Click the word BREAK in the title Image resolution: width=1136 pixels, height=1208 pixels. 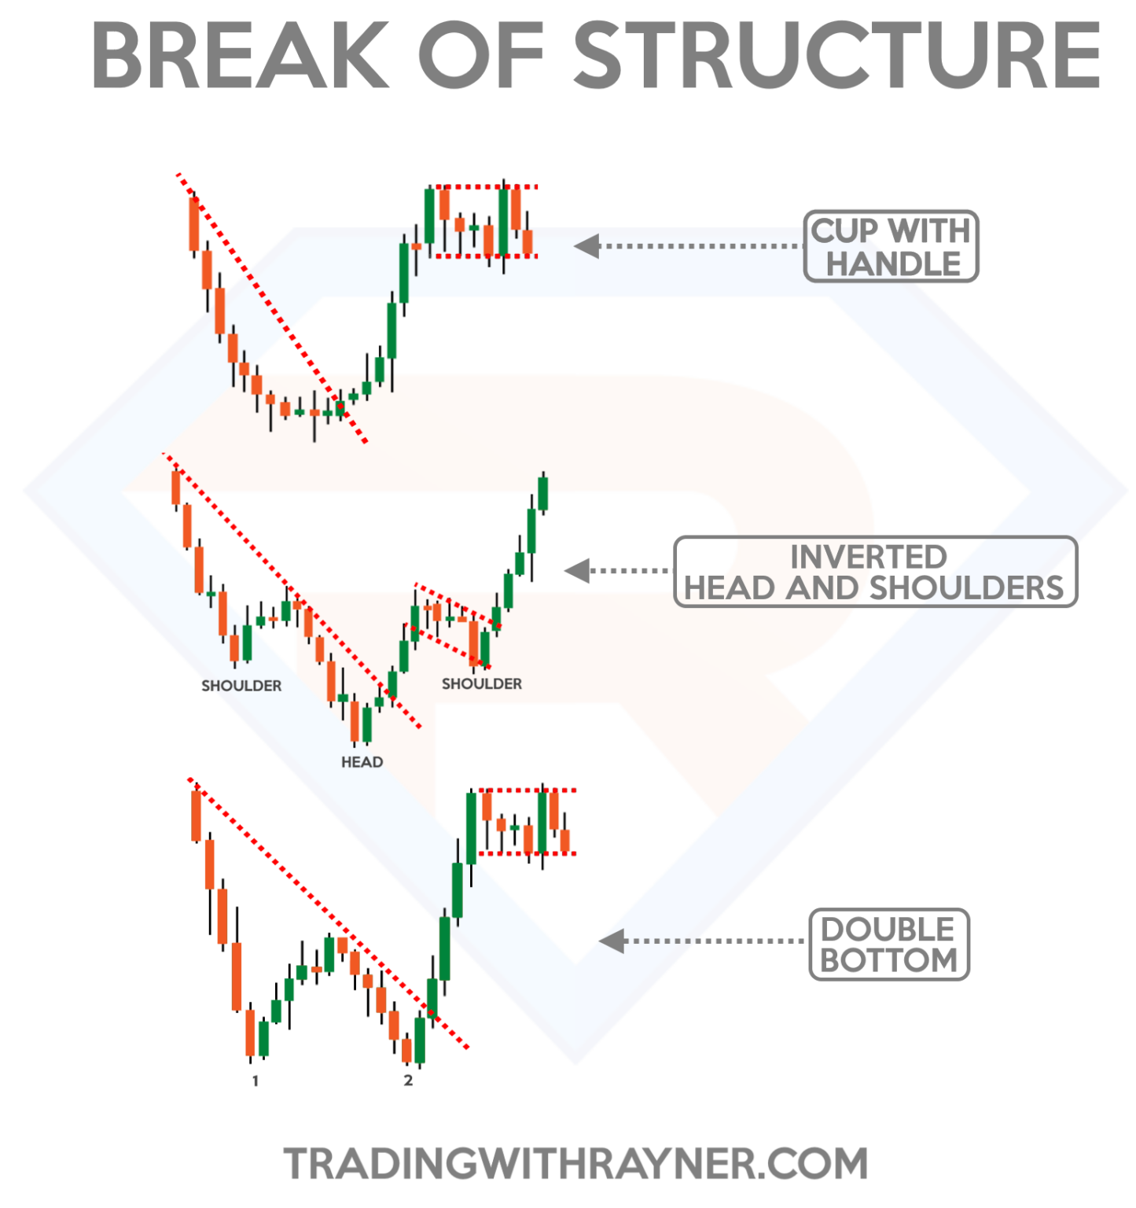(x=240, y=56)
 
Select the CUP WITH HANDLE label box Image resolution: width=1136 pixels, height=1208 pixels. (x=891, y=246)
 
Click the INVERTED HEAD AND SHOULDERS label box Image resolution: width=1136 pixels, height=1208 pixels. (x=875, y=572)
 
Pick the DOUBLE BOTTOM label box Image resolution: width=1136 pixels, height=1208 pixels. (x=888, y=945)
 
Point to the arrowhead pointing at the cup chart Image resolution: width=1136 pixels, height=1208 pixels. (x=586, y=246)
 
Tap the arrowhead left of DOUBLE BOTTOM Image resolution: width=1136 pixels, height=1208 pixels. (x=612, y=941)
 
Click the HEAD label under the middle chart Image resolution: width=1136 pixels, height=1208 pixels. (x=362, y=762)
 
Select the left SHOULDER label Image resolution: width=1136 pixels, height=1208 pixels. (x=241, y=686)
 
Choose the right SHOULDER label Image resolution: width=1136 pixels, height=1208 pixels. (x=481, y=684)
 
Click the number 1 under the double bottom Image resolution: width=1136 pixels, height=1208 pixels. (x=255, y=1081)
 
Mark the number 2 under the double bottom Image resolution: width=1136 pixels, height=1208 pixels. (x=408, y=1081)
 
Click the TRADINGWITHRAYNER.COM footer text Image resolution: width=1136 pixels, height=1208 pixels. (x=575, y=1164)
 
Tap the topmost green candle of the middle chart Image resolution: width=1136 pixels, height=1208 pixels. (x=542, y=494)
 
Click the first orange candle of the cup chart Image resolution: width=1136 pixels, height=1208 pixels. (x=194, y=225)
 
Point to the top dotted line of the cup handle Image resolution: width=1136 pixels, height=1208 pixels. (x=483, y=187)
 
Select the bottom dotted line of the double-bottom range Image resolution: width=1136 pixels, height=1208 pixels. (x=527, y=853)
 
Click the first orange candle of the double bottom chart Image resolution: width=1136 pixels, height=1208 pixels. (x=197, y=816)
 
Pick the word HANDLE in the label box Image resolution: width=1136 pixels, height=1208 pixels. (x=893, y=264)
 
